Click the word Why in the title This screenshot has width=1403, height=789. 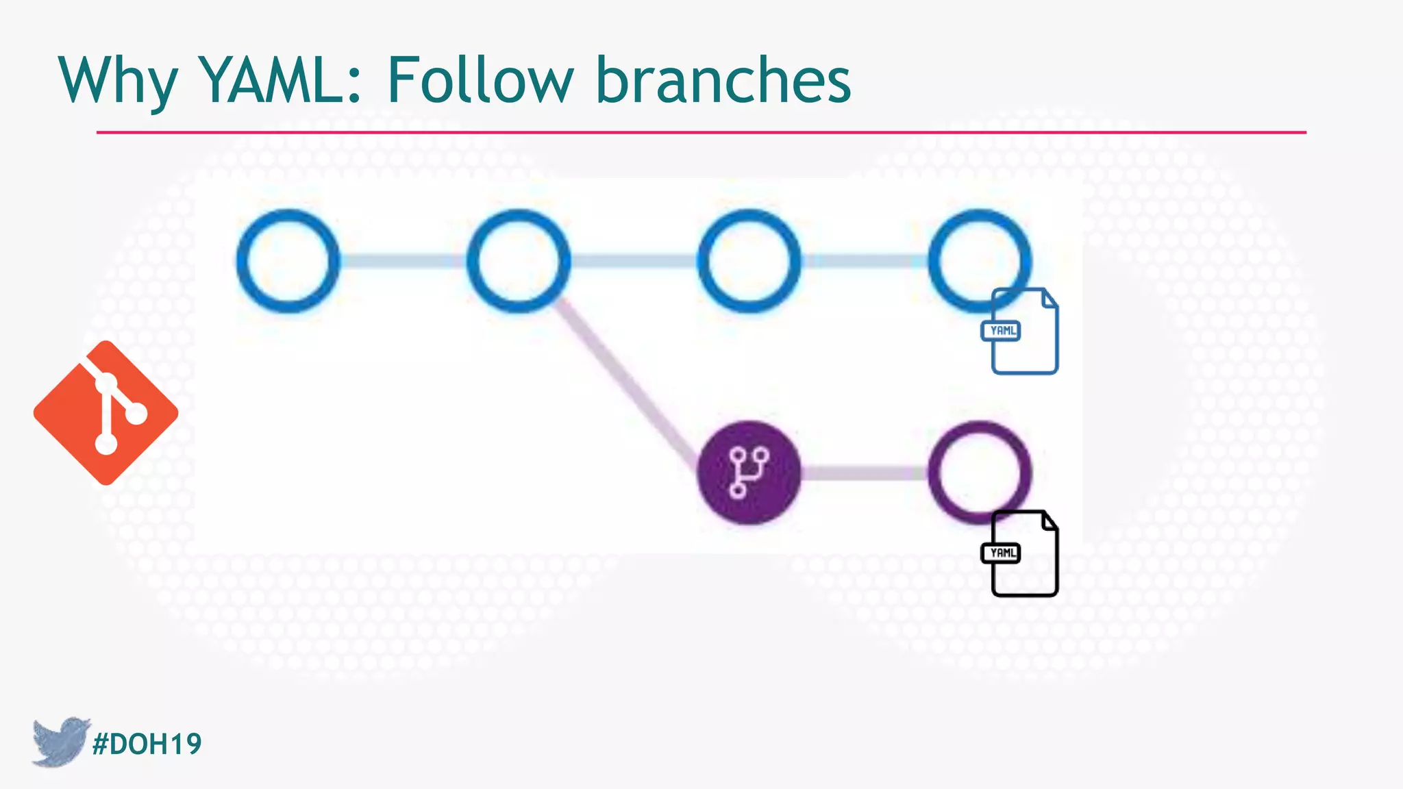[x=118, y=81]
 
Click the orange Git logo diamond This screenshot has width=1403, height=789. [x=105, y=413]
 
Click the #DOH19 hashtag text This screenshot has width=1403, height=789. [x=147, y=744]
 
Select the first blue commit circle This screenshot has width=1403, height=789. [x=288, y=261]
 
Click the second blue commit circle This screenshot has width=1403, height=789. [x=519, y=261]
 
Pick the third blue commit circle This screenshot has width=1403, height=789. [x=749, y=261]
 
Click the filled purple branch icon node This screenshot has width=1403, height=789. [x=749, y=473]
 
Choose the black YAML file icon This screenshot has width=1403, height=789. [x=1023, y=554]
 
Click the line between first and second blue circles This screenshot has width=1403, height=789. [x=403, y=261]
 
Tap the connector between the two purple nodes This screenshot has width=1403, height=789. [x=865, y=473]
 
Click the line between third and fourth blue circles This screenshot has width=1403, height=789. [x=865, y=261]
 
